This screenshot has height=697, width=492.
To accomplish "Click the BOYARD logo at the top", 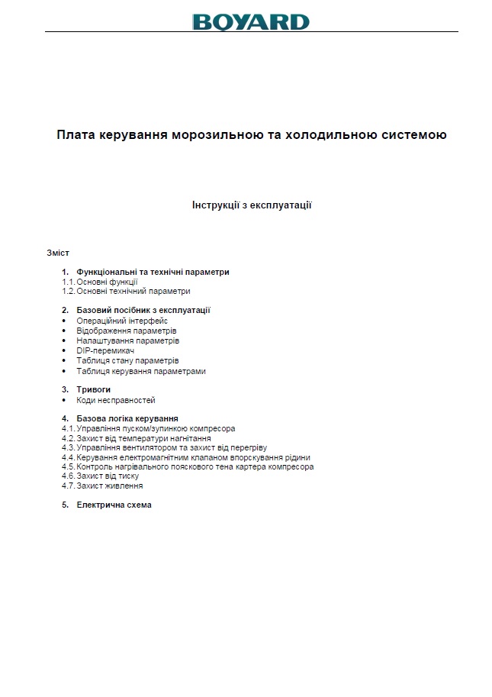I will pos(251,21).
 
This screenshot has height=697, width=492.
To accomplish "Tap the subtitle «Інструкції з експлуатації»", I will pos(252,205).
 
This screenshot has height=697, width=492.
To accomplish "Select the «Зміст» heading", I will pos(58,252).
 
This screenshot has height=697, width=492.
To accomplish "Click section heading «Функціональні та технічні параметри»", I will pos(153,272).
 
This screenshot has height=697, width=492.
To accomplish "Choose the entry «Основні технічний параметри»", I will pos(133,291).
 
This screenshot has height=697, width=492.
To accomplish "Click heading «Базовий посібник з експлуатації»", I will pos(143,310).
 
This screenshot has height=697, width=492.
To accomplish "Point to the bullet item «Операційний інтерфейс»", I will pos(122,321).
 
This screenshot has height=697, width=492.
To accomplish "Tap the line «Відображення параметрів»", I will pos(127,331).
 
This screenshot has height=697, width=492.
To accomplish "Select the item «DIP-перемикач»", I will pos(106,350).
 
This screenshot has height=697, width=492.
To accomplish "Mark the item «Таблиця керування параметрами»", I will pos(140,371).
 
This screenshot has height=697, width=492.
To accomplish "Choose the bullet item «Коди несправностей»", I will pos(116,400).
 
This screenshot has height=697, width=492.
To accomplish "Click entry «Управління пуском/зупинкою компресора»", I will pos(156,428).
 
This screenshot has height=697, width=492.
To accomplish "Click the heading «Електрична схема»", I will pos(114,505).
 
